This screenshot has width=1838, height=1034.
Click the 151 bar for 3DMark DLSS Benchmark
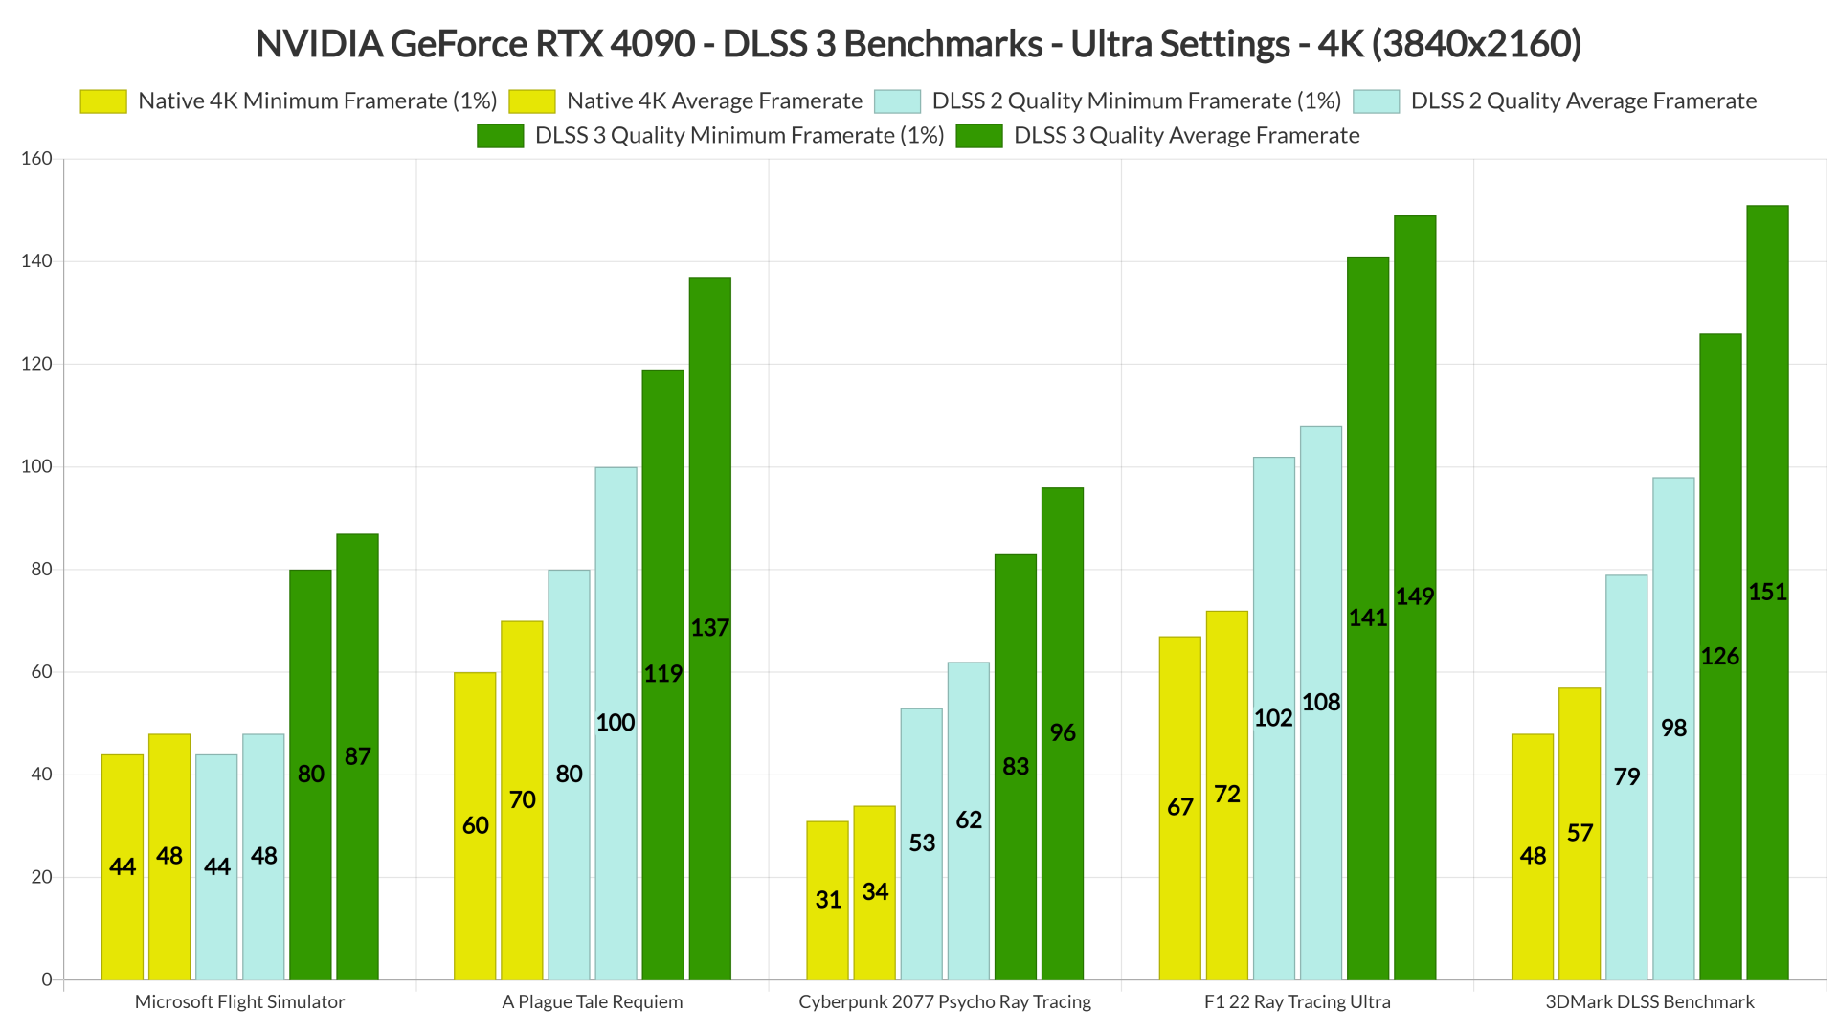coord(1767,594)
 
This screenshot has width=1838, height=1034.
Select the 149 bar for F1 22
coord(1415,598)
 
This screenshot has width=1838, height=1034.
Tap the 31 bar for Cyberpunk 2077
coord(827,900)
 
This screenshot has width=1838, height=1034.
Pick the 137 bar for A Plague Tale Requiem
coord(709,629)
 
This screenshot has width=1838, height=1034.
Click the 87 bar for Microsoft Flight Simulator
coord(357,756)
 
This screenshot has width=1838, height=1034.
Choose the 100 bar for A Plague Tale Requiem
coord(616,723)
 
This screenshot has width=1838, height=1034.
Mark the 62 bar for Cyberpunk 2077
coord(968,820)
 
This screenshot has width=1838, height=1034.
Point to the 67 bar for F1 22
coord(1179,807)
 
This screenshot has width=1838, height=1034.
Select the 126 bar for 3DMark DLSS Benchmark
coord(1720,657)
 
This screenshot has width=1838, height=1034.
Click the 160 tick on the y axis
coord(37,159)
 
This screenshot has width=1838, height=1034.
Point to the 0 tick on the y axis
coord(46,979)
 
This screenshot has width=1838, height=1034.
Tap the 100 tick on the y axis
coord(37,467)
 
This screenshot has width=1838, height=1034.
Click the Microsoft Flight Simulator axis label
coord(239,1002)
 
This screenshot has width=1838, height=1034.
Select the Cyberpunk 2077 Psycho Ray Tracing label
coord(945,1002)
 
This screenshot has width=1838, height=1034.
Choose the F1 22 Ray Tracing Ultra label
coord(1297,1002)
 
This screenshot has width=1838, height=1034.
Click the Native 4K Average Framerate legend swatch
coord(531,101)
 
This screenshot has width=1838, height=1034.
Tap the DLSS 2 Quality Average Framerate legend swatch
coord(1376,101)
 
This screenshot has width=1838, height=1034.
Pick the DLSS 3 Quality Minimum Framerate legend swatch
coord(500,136)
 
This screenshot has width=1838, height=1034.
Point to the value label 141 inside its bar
coord(1368,618)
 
